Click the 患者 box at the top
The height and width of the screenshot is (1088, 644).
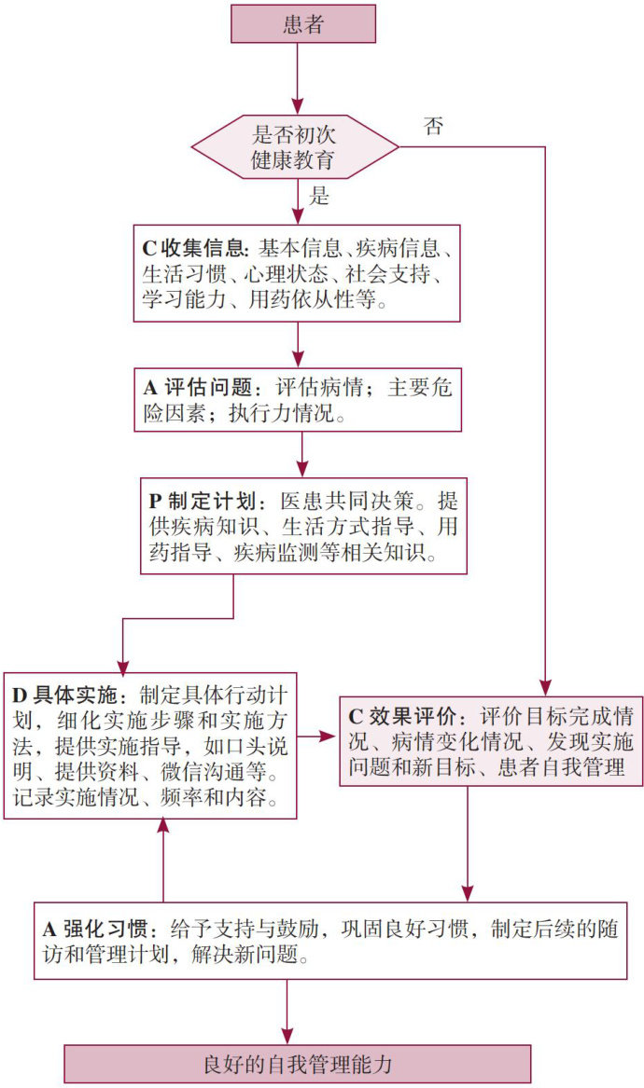[x=303, y=24]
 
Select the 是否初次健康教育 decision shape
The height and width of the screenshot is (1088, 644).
[x=294, y=146]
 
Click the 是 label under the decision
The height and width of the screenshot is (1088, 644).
[x=318, y=198]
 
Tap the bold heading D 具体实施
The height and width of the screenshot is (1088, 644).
[x=66, y=695]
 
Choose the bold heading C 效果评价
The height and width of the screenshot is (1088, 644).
[x=401, y=718]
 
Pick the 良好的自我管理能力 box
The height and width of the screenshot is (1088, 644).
[x=298, y=1064]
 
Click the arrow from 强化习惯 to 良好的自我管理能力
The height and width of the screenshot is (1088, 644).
[x=287, y=1012]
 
